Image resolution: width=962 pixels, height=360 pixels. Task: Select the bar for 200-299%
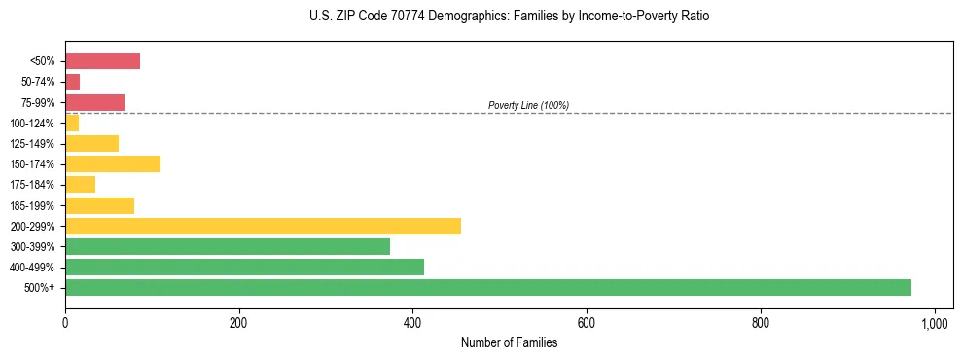263,226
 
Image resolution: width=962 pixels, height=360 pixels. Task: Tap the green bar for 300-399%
228,246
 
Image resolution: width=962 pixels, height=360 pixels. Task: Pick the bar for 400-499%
244,267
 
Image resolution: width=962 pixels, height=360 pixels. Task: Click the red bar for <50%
102,61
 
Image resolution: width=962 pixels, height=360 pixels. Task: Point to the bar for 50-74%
73,82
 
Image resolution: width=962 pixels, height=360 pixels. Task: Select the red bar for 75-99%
94,102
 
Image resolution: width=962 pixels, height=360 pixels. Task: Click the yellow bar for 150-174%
113,163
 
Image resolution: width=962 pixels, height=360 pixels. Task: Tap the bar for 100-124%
72,123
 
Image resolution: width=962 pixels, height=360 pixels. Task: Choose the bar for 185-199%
99,205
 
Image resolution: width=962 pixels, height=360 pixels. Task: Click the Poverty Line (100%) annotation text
528,105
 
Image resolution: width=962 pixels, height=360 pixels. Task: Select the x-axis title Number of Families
509,342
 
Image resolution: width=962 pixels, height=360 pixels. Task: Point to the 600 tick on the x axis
587,321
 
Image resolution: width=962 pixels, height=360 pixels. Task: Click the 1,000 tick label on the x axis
935,321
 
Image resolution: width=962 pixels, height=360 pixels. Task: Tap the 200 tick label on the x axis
238,321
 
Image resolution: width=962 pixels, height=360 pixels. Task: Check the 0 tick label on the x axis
65,321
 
